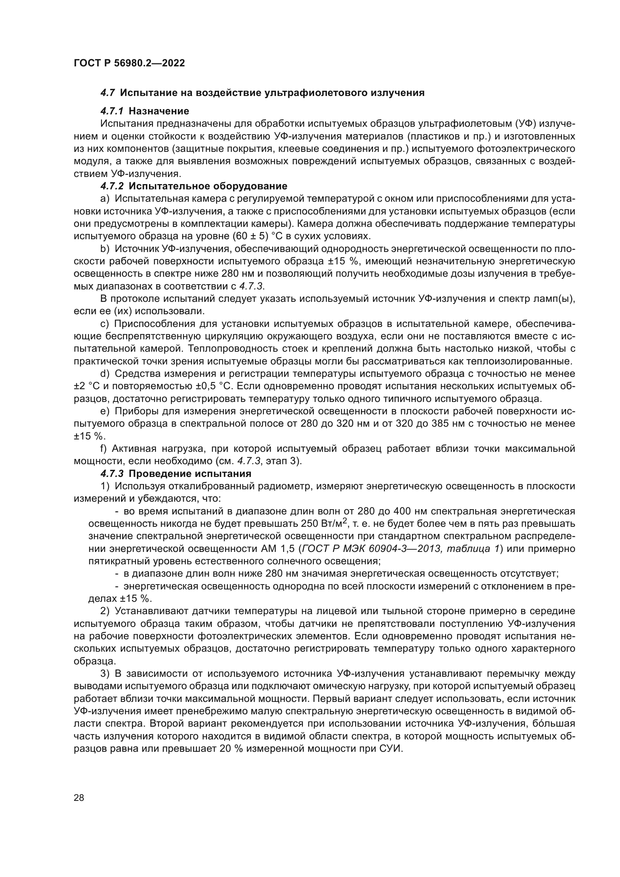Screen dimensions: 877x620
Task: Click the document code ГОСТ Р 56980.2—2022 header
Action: (x=129, y=63)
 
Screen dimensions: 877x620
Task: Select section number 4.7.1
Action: (x=112, y=111)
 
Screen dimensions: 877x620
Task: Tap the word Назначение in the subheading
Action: (x=159, y=111)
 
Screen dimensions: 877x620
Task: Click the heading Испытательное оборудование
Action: (x=208, y=186)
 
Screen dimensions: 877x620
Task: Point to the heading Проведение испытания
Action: (x=190, y=474)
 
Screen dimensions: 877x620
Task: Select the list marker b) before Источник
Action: (x=105, y=249)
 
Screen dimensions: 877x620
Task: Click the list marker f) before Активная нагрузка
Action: (x=103, y=448)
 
